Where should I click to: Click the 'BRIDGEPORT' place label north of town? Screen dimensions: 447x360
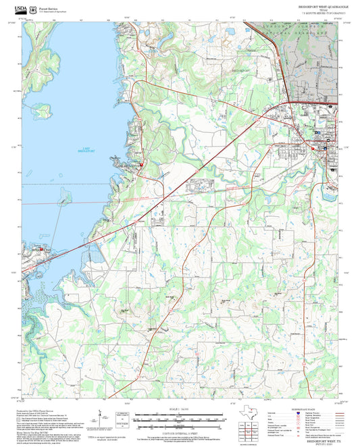(x=240, y=70)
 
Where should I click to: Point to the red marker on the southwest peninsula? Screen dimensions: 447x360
(x=42, y=249)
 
